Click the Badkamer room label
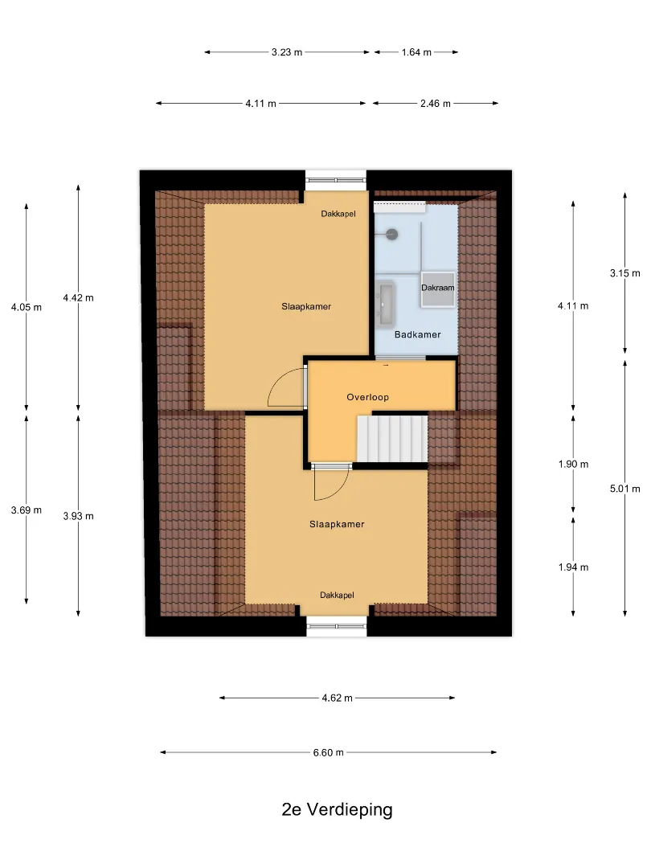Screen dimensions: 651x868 click(417, 334)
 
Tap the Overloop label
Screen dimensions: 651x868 click(367, 397)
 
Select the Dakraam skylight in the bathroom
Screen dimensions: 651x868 click(438, 289)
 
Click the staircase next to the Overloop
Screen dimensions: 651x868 click(392, 439)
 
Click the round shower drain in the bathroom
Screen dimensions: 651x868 click(392, 234)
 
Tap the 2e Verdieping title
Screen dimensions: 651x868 click(337, 809)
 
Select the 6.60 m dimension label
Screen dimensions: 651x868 click(328, 752)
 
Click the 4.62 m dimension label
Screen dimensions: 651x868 click(337, 698)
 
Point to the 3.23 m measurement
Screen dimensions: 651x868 click(287, 52)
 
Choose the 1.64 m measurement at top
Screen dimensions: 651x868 click(416, 52)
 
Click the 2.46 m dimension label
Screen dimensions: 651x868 click(435, 104)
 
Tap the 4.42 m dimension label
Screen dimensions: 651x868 click(78, 298)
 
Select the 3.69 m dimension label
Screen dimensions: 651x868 click(26, 510)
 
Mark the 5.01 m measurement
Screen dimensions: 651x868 click(625, 489)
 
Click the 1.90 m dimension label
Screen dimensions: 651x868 click(573, 464)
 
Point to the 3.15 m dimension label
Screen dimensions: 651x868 click(625, 273)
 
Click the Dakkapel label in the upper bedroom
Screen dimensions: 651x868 click(338, 214)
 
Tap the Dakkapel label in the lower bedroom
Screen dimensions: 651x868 click(337, 595)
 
